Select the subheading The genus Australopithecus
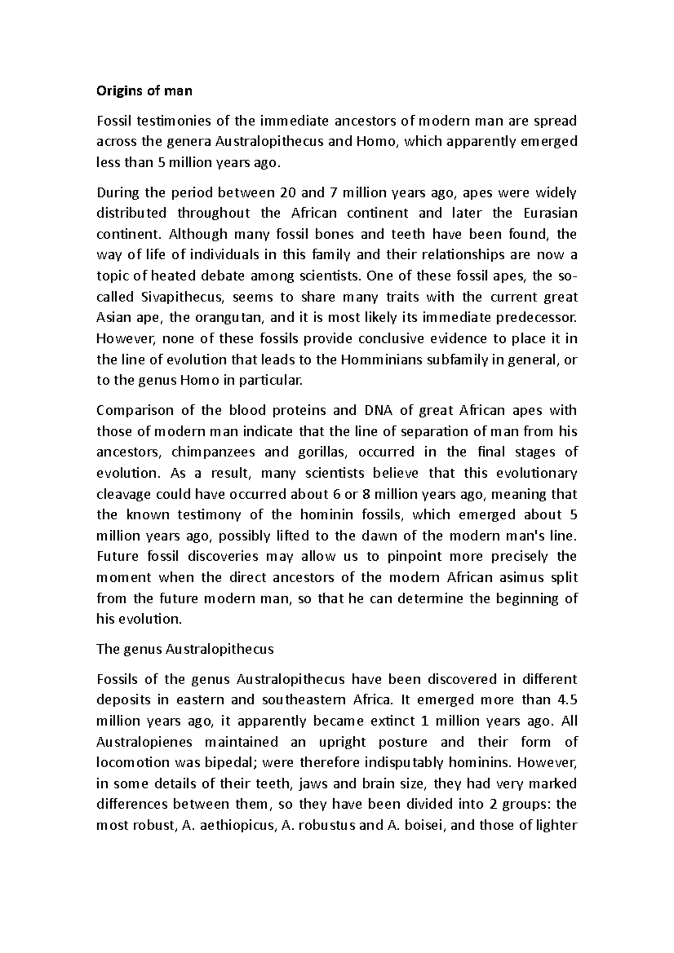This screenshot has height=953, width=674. point(185,649)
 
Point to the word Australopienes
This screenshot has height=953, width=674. point(144,742)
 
